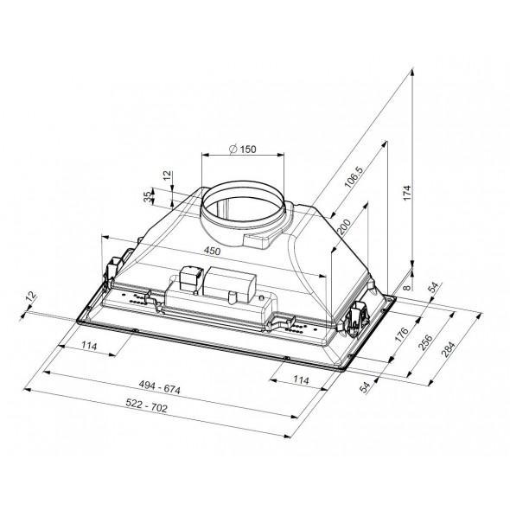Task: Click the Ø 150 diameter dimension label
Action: click(242, 150)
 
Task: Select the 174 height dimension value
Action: click(407, 193)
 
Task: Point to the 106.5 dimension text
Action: click(354, 177)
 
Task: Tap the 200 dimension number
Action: click(344, 227)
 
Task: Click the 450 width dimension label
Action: click(212, 251)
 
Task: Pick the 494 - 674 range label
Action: click(159, 386)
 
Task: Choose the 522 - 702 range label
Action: click(146, 405)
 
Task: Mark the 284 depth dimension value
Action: click(449, 349)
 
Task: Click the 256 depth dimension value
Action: click(425, 341)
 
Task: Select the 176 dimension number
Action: click(401, 335)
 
